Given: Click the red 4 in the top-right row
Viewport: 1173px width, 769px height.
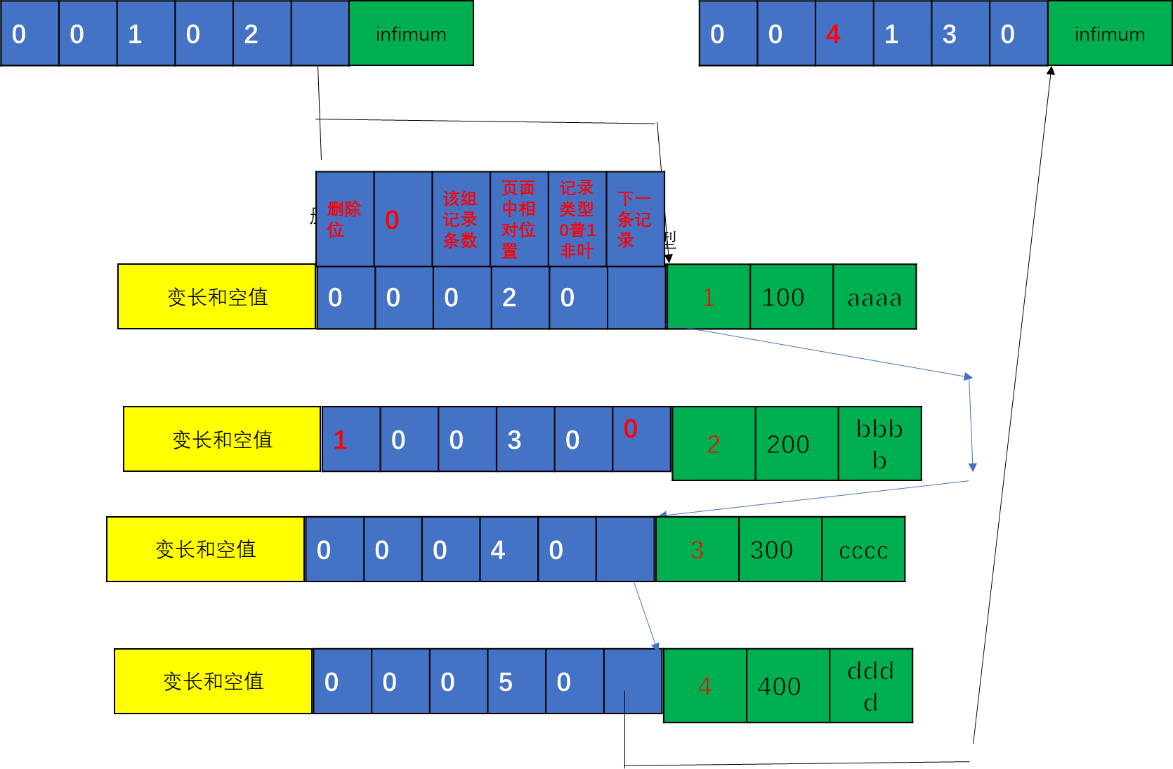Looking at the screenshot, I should point(844,34).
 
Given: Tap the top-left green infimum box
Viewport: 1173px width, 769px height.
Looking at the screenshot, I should point(411,34).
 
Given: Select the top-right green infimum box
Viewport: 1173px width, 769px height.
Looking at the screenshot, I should point(1109,34).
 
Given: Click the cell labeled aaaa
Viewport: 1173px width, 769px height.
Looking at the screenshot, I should point(874,297).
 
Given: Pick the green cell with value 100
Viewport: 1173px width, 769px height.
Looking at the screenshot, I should point(791,297).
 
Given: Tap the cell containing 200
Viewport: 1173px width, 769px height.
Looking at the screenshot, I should point(796,444).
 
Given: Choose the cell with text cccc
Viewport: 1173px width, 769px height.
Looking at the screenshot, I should point(863,550).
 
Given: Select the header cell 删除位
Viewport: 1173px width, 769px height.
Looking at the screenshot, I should point(345,219).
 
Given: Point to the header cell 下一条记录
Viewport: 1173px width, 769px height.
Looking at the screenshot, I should point(635,219).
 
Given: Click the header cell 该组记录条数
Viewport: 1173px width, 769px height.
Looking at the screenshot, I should point(461,219).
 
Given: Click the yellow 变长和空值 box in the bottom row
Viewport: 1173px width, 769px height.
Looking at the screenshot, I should point(213,681).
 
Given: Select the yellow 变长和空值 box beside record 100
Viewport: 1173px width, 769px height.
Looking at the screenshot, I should point(216,297).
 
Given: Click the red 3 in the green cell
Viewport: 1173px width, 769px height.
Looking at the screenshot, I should point(697,550).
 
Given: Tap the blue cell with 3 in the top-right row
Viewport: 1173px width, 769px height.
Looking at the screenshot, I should point(959,34).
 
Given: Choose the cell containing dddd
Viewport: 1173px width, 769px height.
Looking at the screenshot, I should point(870,686).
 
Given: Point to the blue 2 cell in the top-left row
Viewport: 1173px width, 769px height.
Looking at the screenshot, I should point(261,34).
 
